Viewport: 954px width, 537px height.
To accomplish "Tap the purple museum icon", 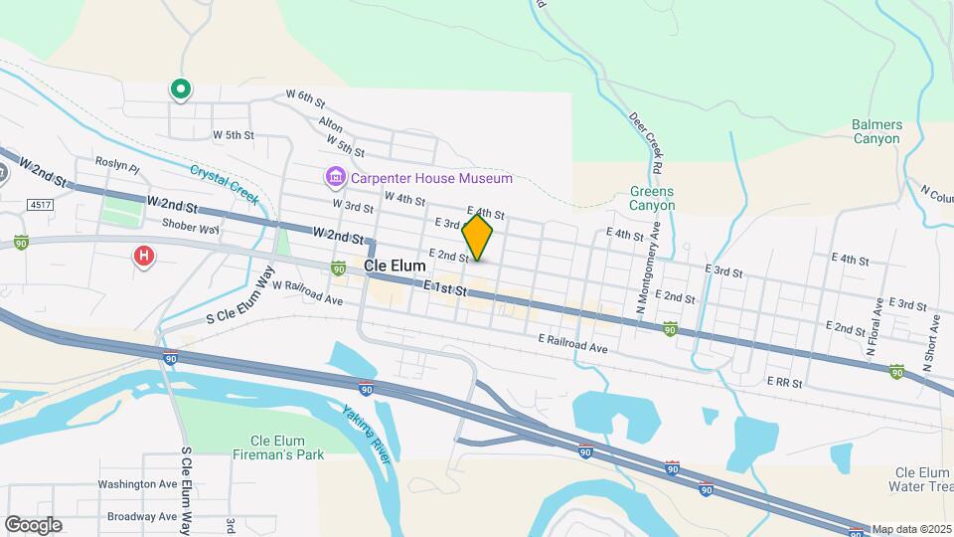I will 335,178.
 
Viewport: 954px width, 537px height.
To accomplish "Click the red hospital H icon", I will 144,258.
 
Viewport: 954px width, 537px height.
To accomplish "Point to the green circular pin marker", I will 180,90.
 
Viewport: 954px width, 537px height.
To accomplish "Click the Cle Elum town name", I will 395,267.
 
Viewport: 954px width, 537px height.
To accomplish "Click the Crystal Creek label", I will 226,184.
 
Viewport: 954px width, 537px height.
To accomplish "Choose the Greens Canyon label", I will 652,198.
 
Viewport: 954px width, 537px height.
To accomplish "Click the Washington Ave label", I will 137,484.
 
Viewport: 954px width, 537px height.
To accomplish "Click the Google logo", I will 33,524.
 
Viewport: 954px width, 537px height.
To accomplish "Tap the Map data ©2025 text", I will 911,529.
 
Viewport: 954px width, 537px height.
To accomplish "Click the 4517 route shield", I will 41,205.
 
